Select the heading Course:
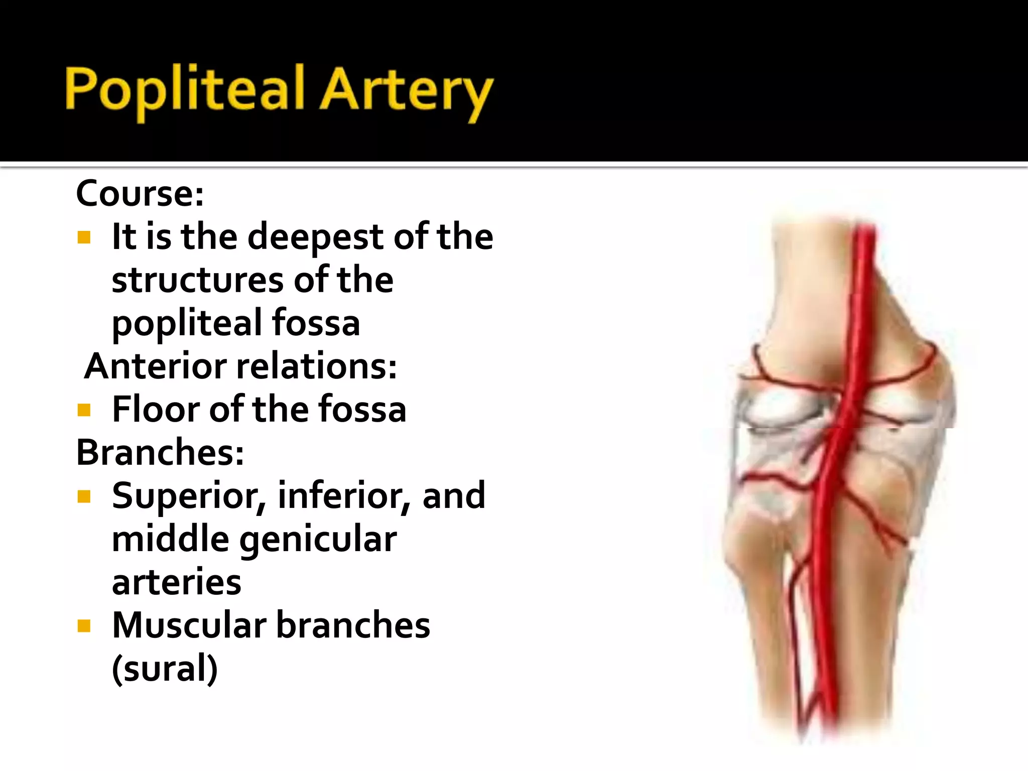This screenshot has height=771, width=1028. point(140,193)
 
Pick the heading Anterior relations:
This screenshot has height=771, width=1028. point(240,366)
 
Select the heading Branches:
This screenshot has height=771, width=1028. point(160,452)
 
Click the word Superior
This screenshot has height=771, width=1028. point(189,496)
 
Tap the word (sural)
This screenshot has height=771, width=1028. point(165,669)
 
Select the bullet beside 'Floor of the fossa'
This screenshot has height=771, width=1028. point(84,410)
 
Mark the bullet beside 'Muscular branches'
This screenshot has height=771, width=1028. point(84,626)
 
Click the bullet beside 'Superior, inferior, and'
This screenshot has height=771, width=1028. point(84,496)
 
